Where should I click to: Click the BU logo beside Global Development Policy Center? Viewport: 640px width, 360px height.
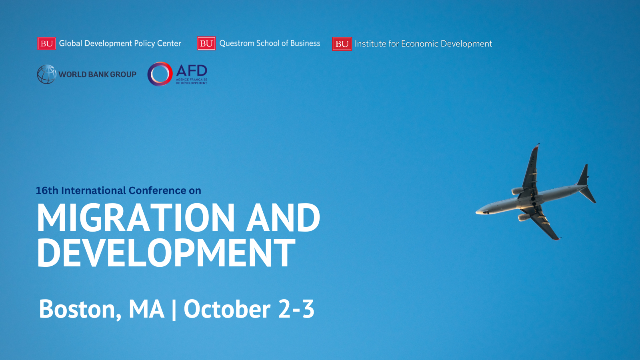click(x=46, y=44)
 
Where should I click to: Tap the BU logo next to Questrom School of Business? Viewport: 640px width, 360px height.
click(x=206, y=44)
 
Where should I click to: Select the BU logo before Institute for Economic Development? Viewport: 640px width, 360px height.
click(x=342, y=44)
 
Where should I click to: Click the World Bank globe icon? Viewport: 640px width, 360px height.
click(x=47, y=74)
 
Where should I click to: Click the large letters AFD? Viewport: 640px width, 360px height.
click(x=192, y=70)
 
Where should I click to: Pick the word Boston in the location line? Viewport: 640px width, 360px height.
click(x=80, y=309)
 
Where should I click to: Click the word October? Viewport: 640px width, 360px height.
click(x=227, y=309)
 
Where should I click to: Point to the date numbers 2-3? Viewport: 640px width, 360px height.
click(x=296, y=309)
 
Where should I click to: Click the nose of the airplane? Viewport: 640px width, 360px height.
click(x=476, y=212)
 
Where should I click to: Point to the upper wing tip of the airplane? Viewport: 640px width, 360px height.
click(x=538, y=144)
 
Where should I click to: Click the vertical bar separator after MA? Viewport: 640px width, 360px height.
click(x=174, y=310)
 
